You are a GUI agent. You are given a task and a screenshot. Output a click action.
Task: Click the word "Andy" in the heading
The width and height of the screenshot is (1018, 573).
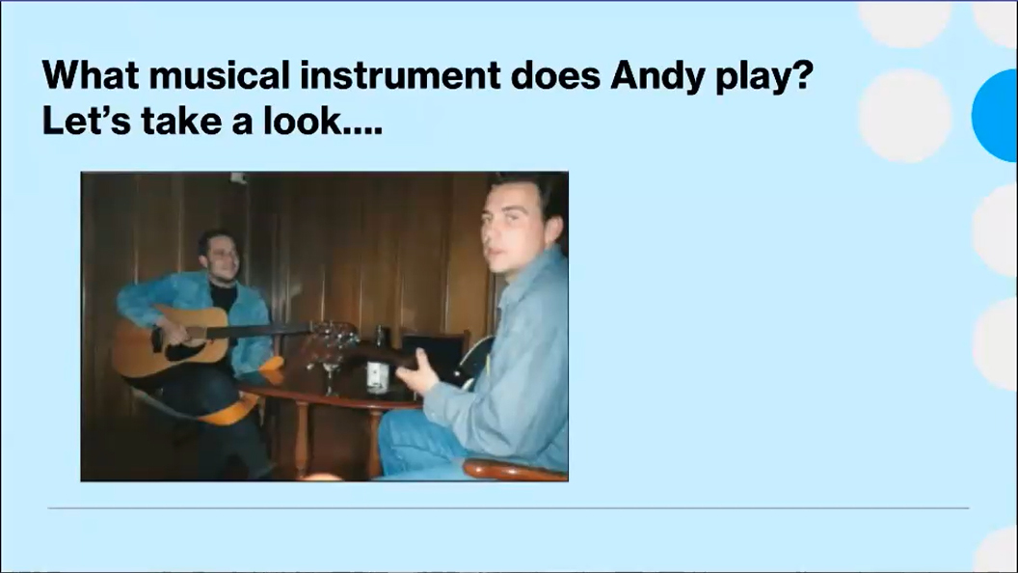point(657,76)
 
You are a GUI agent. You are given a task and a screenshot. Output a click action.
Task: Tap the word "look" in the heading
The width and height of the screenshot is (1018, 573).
point(303,121)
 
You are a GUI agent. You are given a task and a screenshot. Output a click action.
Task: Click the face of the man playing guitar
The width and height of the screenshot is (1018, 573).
point(219,256)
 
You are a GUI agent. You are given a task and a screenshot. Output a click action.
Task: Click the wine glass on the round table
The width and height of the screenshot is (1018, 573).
point(331,370)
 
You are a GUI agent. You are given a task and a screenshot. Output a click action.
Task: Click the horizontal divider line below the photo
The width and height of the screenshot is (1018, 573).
point(508,508)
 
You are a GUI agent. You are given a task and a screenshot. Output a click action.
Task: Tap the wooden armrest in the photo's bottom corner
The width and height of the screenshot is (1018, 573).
point(514,469)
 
